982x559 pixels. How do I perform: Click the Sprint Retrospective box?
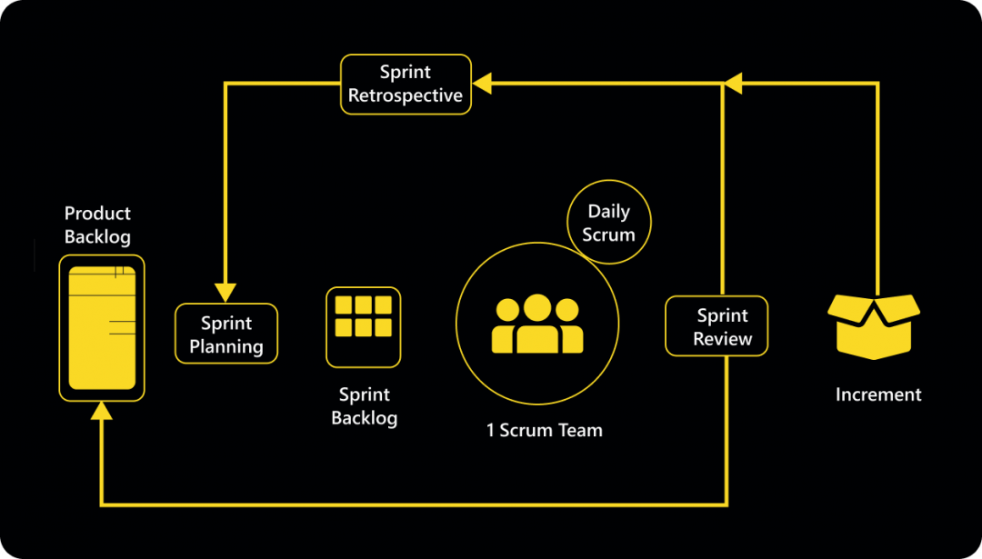[x=406, y=85]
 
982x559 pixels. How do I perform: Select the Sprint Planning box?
[x=226, y=334]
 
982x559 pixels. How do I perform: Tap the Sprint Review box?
[x=716, y=326]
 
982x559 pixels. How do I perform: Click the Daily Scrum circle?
[x=608, y=223]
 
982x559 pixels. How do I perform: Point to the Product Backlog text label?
[x=97, y=225]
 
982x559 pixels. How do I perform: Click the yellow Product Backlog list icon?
[x=102, y=327]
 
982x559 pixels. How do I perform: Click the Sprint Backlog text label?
[x=364, y=406]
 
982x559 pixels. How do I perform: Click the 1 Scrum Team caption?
[x=544, y=430]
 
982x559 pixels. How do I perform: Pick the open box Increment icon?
[x=874, y=325]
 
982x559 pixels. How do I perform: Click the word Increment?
[x=878, y=394]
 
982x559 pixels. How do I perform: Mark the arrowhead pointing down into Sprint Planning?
[x=225, y=292]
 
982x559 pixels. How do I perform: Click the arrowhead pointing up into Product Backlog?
[x=102, y=412]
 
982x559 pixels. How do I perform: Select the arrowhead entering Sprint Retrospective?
[x=482, y=85]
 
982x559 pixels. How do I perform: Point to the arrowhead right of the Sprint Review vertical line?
[x=733, y=85]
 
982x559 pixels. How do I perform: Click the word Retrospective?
[x=406, y=95]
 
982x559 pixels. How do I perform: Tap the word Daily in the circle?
[x=608, y=212]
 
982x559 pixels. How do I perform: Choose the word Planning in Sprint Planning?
[x=226, y=346]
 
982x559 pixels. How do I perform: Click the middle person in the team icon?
[x=537, y=324]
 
